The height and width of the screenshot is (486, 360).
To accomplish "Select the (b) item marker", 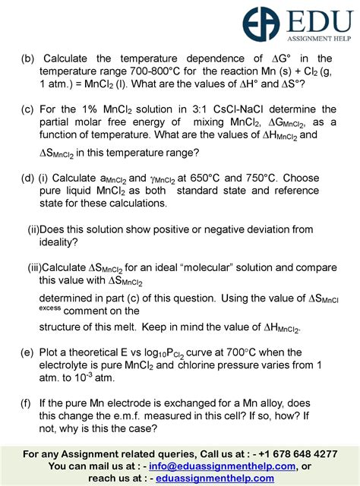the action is (x=29, y=58).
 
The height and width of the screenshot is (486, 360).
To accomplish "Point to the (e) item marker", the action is (x=29, y=352).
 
